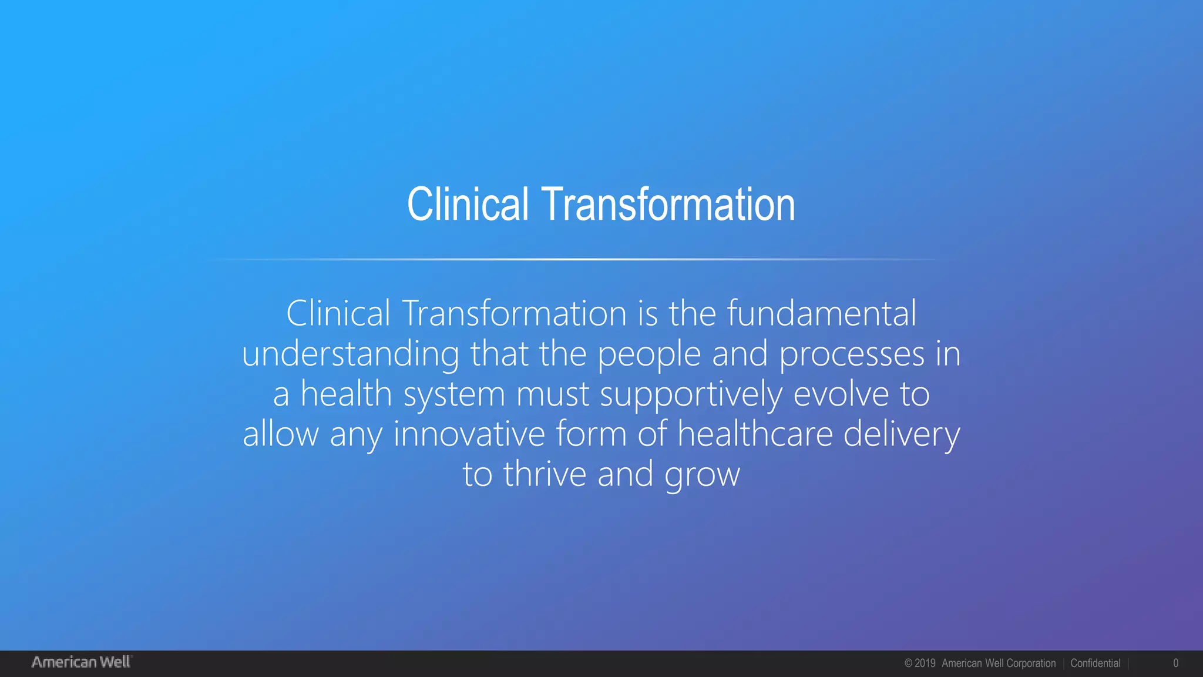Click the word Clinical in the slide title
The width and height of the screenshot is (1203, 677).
pos(468,204)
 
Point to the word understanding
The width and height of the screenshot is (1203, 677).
pos(350,354)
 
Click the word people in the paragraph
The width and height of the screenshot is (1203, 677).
pos(649,354)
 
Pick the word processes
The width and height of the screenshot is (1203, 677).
pos(852,354)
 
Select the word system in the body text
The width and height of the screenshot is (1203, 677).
pos(454,394)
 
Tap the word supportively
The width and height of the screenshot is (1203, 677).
pos(691,394)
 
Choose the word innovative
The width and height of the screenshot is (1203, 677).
pos(469,434)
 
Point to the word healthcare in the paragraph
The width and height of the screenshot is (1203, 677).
pos(755,434)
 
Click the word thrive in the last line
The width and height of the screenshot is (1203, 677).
pos(545,474)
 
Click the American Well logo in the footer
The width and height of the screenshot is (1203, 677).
pos(82,662)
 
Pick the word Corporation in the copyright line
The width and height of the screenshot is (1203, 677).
pos(1031,663)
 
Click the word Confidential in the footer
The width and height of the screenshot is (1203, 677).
pos(1095,663)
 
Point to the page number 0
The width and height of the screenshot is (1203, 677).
pos(1175,663)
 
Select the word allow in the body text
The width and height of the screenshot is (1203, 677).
pos(280,434)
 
